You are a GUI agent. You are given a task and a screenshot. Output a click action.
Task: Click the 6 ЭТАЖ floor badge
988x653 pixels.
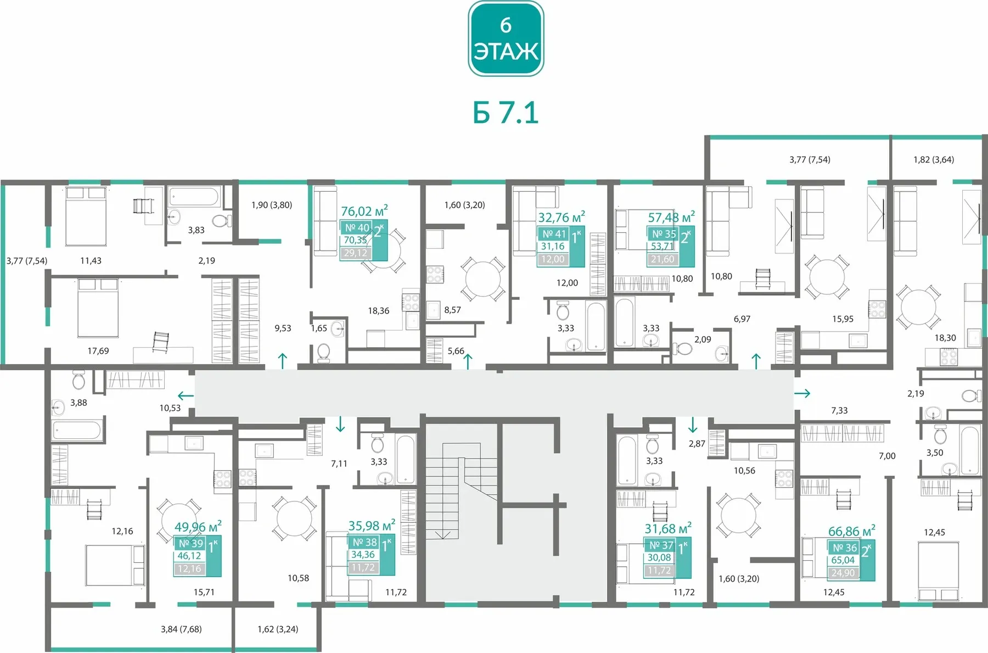tap(506, 38)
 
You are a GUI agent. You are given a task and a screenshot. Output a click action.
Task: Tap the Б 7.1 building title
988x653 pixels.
tap(506, 113)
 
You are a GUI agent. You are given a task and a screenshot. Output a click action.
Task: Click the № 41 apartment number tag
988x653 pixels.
tap(554, 234)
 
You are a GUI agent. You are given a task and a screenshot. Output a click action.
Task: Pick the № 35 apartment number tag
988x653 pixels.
tap(664, 234)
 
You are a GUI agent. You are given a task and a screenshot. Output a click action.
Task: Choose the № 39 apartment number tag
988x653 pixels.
tap(190, 543)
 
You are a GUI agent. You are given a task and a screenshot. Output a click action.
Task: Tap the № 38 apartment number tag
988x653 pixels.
tap(364, 542)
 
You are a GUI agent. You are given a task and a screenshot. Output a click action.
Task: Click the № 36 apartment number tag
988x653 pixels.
tap(844, 548)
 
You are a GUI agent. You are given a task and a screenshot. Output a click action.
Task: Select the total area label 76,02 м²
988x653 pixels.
tap(364, 211)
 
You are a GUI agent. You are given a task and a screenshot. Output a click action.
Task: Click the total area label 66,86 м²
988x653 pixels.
tap(852, 531)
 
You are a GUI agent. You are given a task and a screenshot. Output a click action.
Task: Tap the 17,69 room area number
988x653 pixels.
tap(98, 351)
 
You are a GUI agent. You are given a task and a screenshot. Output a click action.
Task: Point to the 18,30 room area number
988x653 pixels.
tap(945, 338)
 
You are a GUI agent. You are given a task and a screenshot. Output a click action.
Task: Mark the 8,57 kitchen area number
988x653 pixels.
tap(452, 310)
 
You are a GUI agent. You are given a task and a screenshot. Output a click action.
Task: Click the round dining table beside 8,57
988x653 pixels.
tap(483, 279)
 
